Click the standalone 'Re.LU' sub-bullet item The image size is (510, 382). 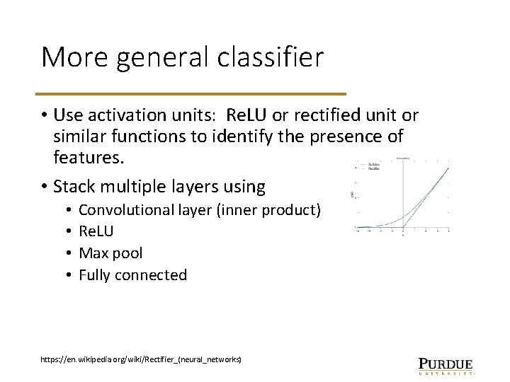point(96,231)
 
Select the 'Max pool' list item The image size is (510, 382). point(110,253)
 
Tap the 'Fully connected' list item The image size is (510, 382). point(132,274)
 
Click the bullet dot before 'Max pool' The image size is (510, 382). point(65,253)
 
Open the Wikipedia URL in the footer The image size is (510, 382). point(142,360)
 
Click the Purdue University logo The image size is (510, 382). point(446,363)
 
